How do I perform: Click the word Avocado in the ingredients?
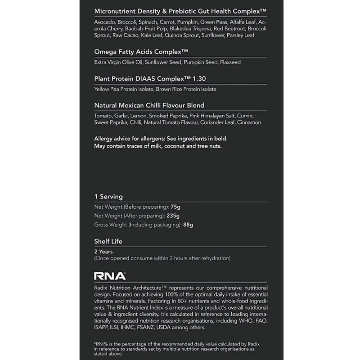pos(104,22)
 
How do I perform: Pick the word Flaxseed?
pos(230,62)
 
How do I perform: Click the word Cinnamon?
pos(248,122)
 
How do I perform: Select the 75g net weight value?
pos(175,207)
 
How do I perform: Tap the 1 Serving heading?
pos(108,197)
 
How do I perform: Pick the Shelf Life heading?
pos(108,241)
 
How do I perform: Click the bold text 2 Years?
pos(103,252)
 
